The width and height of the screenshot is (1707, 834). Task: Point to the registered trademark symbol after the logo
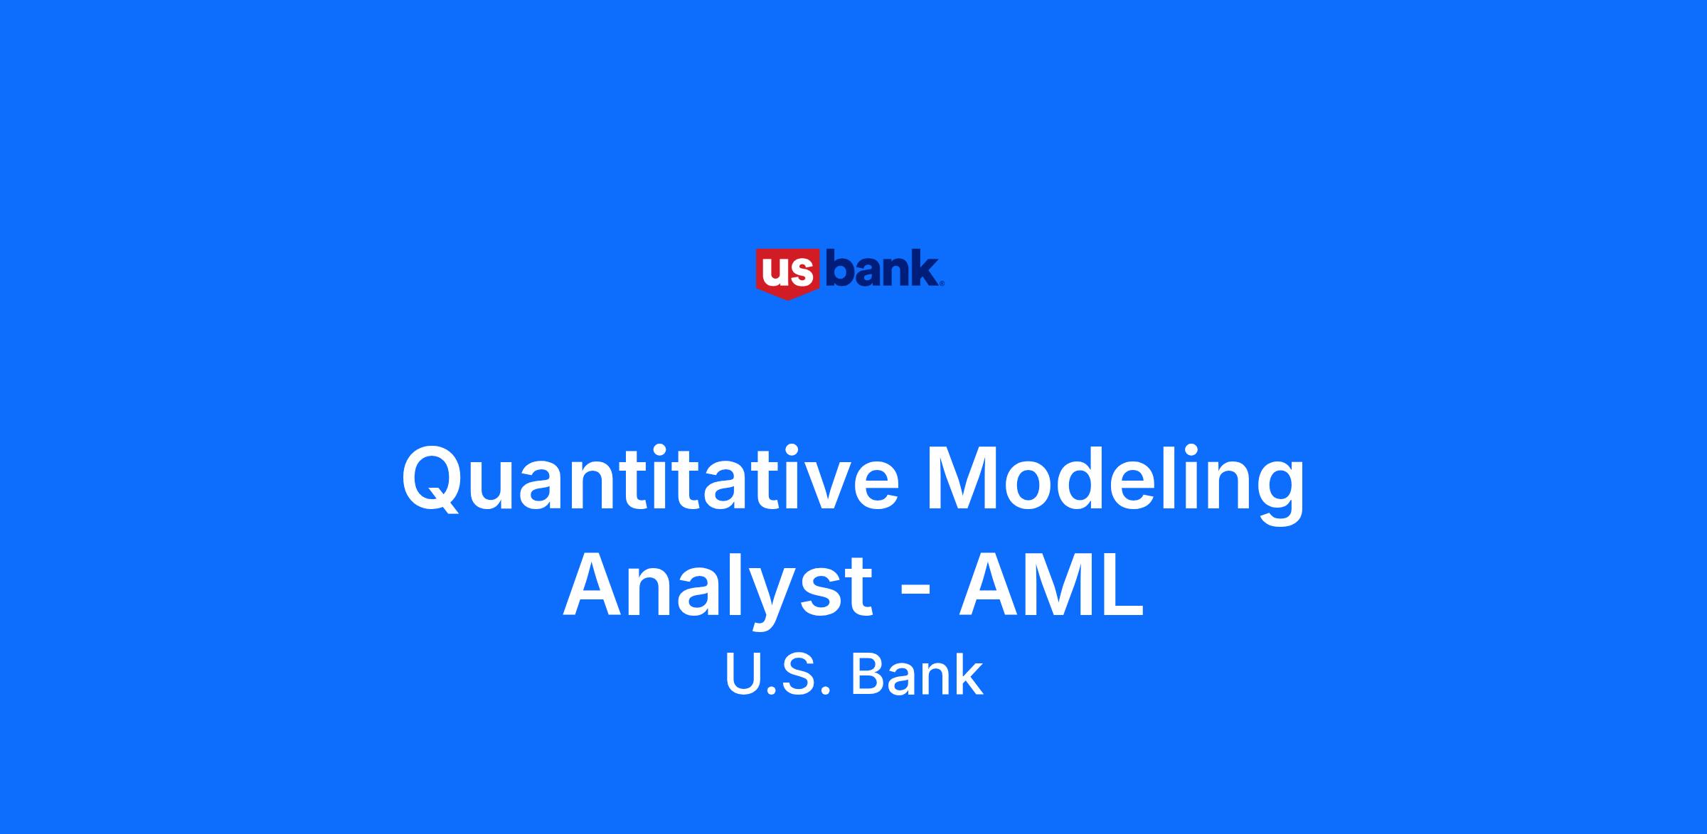(942, 284)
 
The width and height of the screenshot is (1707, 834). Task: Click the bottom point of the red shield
(788, 299)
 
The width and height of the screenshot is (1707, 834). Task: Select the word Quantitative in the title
(650, 479)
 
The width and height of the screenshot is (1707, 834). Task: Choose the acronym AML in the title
(1051, 585)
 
